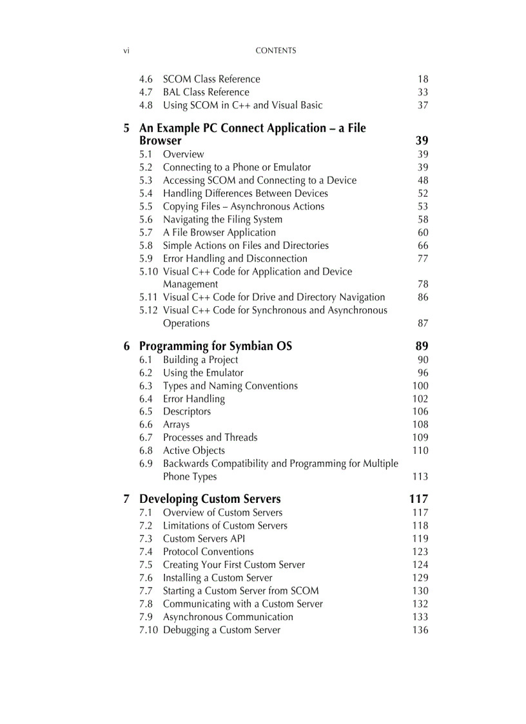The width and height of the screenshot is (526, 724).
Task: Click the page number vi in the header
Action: [x=126, y=51]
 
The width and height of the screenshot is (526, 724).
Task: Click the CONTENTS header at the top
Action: [x=276, y=51]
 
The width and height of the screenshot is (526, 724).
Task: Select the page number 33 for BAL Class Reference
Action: [x=422, y=92]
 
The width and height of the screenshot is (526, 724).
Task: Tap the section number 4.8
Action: [x=146, y=105]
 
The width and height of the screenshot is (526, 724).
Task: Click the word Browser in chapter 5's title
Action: [x=161, y=141]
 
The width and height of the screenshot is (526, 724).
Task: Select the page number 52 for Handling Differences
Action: [x=422, y=193]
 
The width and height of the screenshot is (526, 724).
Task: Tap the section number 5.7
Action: [x=146, y=233]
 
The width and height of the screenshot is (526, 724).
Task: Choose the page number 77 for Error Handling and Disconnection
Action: [x=422, y=259]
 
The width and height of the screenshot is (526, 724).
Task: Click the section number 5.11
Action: [x=148, y=297]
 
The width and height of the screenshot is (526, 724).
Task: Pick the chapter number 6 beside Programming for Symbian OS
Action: [x=127, y=346]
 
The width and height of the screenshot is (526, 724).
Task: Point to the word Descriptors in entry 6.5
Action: [x=186, y=411]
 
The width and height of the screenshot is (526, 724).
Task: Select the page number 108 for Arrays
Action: [x=420, y=424]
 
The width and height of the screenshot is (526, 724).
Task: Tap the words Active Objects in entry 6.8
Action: [x=193, y=451]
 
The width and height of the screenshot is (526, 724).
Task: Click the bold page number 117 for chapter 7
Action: [x=418, y=499]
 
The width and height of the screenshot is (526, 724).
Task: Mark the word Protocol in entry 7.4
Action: [x=180, y=552]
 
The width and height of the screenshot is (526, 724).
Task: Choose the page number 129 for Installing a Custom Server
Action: [x=420, y=578]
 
